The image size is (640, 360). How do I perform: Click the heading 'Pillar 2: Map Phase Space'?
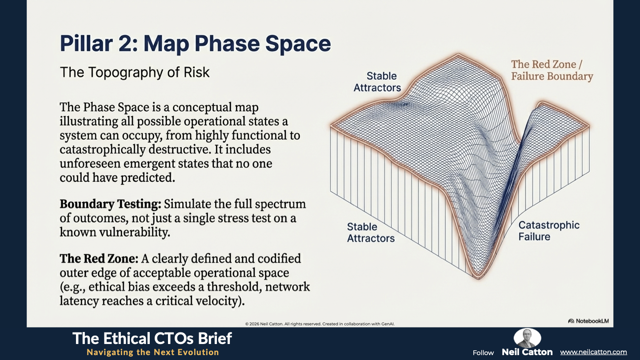coord(196,44)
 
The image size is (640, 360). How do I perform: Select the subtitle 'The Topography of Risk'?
coord(135,72)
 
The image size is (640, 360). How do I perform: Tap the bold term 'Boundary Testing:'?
coord(111,204)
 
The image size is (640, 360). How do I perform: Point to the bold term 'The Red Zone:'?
coord(99,259)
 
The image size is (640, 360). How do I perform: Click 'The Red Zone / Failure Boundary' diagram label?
coord(552,70)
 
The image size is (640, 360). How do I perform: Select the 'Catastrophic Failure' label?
coord(549,231)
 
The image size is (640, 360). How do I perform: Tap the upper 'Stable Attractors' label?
coord(377,82)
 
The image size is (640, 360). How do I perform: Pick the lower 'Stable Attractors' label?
coord(371,232)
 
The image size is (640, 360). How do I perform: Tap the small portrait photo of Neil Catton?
coord(527,338)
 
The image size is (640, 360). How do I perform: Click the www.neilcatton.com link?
coord(593,352)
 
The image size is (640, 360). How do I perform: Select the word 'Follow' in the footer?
coord(483,353)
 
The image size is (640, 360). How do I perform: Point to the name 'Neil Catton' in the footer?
coord(527,352)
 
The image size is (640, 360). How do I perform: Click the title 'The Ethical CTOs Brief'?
coord(152,338)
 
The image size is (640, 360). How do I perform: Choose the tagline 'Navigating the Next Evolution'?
coord(153,352)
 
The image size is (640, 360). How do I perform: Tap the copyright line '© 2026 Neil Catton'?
coord(264,324)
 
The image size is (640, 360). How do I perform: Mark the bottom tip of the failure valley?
coord(478,278)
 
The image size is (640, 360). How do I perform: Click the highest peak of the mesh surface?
coord(458,54)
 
